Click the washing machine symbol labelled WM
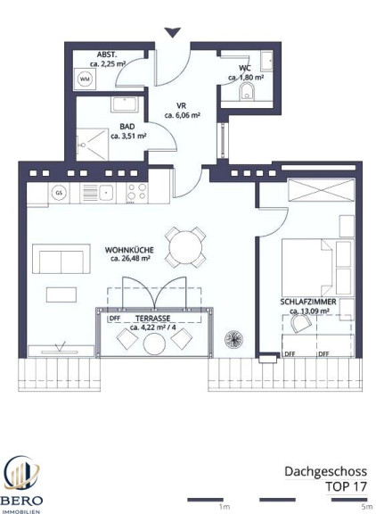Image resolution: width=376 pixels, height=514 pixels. tap(85, 79)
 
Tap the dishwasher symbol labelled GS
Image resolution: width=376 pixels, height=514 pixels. tap(59, 193)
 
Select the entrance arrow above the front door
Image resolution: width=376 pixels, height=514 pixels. tap(173, 32)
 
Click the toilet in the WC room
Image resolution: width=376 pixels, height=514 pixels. tap(247, 91)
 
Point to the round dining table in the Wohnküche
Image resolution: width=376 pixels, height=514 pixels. tap(185, 247)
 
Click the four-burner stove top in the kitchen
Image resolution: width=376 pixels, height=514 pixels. tap(137, 192)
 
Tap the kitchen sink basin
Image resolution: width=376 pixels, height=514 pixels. tap(106, 192)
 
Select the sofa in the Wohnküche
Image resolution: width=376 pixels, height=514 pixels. tap(61, 259)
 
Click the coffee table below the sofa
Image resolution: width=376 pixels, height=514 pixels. tap(61, 294)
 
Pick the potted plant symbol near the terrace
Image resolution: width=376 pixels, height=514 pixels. tap(233, 339)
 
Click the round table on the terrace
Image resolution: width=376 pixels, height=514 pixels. tap(154, 344)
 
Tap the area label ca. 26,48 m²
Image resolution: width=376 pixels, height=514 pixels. tap(130, 258)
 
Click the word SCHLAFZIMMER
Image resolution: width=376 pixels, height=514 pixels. tap(308, 302)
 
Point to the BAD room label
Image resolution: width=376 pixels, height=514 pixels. tap(127, 127)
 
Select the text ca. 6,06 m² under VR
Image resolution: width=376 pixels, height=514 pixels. tap(183, 115)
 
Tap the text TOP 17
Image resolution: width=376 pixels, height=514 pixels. tap(346, 486)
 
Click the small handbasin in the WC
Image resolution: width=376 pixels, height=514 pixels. tap(266, 61)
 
